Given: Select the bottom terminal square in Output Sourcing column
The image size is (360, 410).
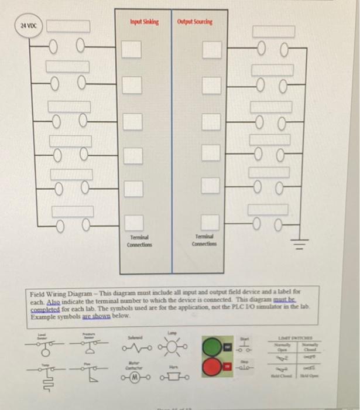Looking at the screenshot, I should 210,222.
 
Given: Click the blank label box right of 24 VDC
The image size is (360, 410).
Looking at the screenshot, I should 68,26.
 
